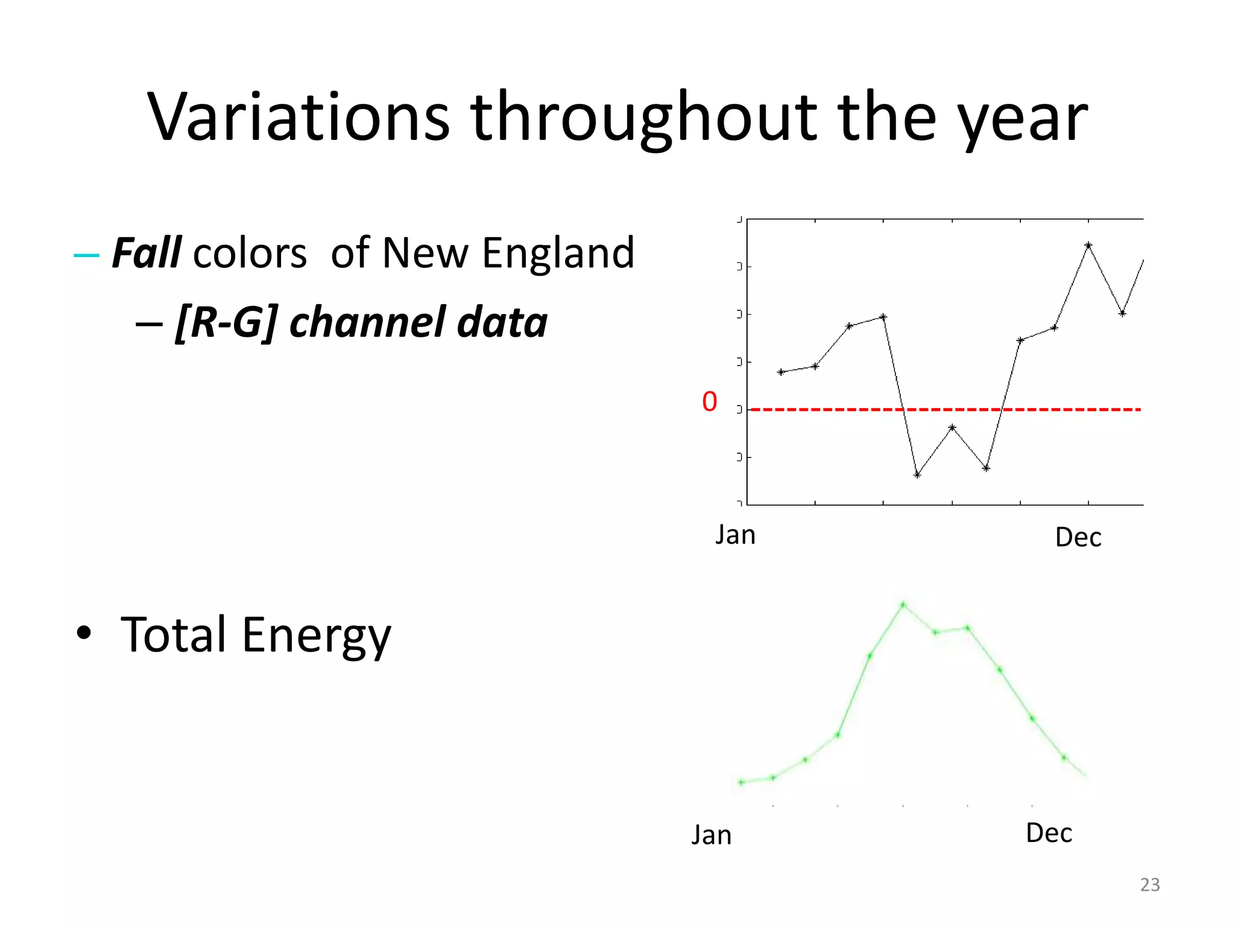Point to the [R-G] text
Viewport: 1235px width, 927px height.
point(226,322)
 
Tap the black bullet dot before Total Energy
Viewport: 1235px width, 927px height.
point(84,633)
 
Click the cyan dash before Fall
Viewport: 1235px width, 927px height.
point(86,255)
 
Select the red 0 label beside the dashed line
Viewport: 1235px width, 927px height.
point(709,402)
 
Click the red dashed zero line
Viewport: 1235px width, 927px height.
point(844,410)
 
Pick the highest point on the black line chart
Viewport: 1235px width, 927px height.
point(1088,245)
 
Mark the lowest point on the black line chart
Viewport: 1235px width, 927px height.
point(917,475)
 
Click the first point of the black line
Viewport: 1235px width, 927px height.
point(781,372)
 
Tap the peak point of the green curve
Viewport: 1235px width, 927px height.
point(903,604)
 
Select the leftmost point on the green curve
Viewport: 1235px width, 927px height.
point(741,783)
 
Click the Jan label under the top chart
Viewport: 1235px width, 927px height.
point(735,535)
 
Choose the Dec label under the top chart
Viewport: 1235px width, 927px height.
point(1078,537)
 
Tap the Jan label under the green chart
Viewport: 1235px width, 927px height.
point(711,835)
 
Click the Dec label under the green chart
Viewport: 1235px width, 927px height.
point(1049,833)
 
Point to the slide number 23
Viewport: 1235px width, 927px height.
point(1149,885)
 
